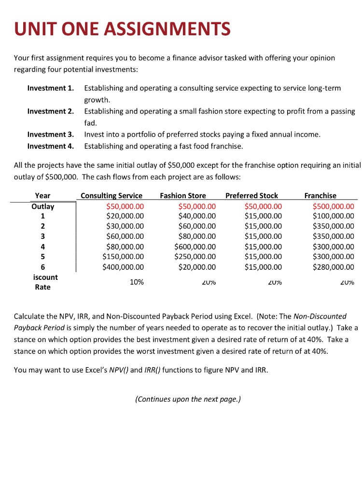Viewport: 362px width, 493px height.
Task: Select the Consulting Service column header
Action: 111,196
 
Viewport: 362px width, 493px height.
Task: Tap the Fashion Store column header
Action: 183,196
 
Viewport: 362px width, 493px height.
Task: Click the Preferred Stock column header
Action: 252,196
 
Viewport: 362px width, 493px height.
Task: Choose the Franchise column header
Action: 320,196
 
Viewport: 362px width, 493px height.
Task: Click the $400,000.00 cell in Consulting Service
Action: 123,267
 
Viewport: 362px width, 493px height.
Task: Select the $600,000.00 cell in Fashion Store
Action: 195,246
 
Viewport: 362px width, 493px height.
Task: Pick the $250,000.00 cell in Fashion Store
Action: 195,257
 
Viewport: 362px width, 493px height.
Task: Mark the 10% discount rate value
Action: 137,282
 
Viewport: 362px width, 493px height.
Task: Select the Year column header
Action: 42,196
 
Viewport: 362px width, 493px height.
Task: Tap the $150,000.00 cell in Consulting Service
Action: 123,257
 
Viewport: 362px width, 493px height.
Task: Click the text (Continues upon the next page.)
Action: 188,399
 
